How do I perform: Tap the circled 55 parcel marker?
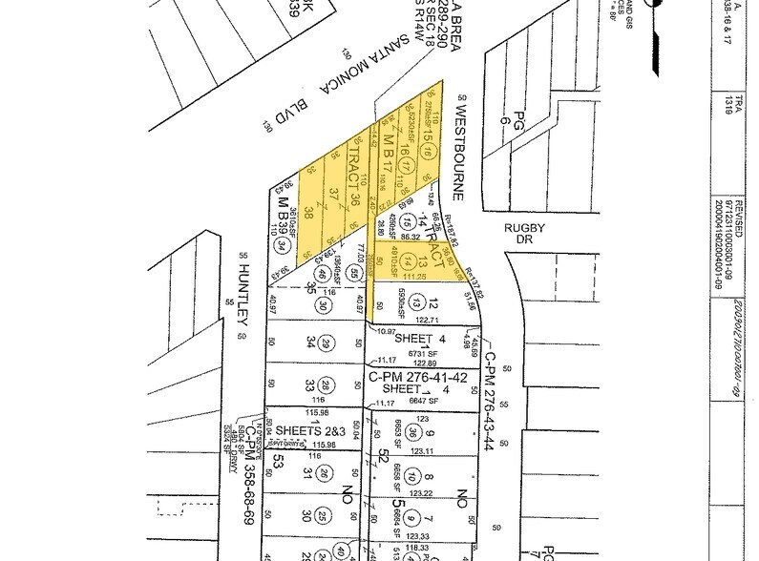[x=353, y=274]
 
